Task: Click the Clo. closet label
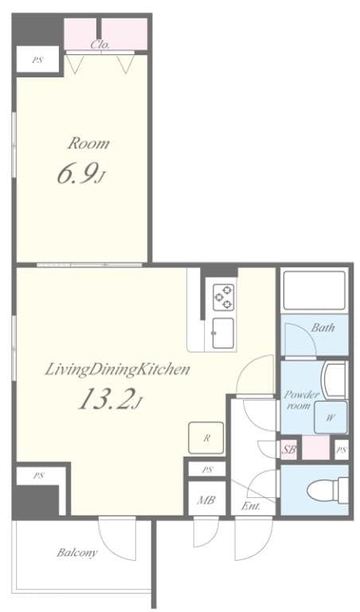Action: click(x=100, y=45)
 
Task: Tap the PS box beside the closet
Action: click(x=37, y=60)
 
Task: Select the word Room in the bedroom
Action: click(x=88, y=144)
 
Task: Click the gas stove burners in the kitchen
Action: click(x=222, y=296)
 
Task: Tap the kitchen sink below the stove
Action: click(x=222, y=331)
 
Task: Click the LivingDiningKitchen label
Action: click(x=116, y=369)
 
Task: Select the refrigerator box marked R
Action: click(x=206, y=437)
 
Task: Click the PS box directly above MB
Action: click(x=207, y=469)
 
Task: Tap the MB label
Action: click(x=206, y=501)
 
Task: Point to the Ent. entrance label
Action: click(x=248, y=506)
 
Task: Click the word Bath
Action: click(x=323, y=328)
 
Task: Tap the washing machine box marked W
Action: click(x=330, y=415)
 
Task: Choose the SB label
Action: click(x=290, y=449)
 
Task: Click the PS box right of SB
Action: click(x=341, y=449)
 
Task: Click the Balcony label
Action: click(x=76, y=552)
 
